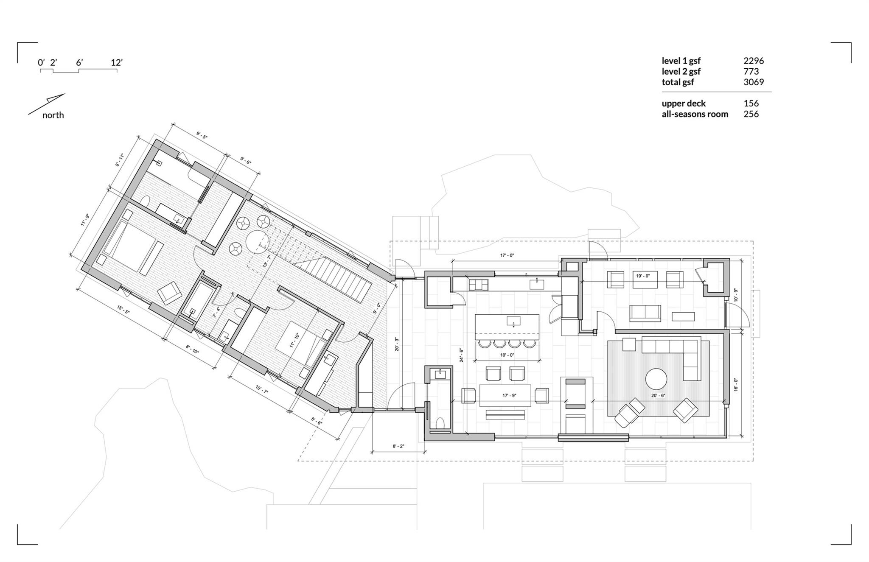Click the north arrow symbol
[47, 104]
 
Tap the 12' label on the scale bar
[117, 62]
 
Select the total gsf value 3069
[754, 82]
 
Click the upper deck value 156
[751, 103]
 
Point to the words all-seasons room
[695, 114]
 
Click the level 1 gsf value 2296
[754, 61]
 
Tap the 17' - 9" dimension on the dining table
[509, 395]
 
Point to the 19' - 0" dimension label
[643, 276]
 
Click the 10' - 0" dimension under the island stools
[507, 355]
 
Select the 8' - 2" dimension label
[398, 446]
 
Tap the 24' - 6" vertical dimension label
[461, 355]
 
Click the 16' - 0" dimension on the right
[736, 385]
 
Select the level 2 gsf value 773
[751, 72]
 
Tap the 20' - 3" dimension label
[397, 344]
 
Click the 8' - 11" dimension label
[120, 160]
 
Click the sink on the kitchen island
[513, 321]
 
